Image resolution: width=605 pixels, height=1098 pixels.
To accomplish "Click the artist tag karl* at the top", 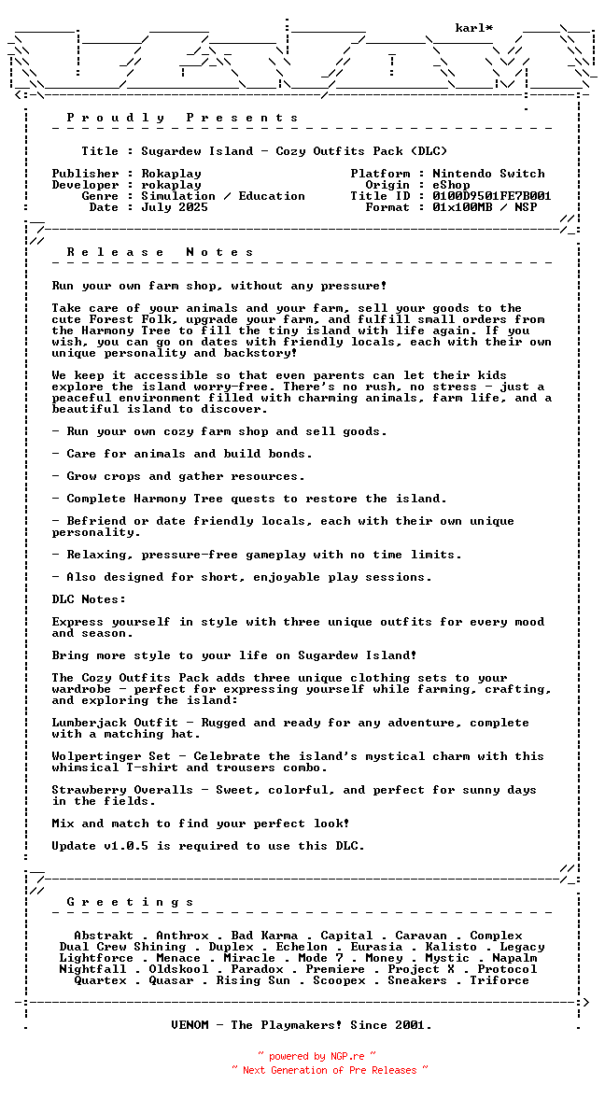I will pyautogui.click(x=474, y=28).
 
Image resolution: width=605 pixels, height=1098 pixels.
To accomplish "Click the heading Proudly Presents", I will pyautogui.click(x=182, y=118).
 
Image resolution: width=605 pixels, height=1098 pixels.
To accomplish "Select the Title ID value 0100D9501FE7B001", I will pyautogui.click(x=492, y=196).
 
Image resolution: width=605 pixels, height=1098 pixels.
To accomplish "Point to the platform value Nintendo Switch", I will pyautogui.click(x=488, y=174).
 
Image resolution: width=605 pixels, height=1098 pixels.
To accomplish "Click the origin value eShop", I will pyautogui.click(x=451, y=185).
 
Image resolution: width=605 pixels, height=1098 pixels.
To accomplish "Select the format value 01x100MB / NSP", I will pyautogui.click(x=485, y=207).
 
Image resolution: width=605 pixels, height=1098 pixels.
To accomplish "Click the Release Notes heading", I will pyautogui.click(x=160, y=252).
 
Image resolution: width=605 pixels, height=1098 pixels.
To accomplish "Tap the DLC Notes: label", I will pyautogui.click(x=89, y=599).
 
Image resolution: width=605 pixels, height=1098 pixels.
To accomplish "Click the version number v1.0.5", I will pyautogui.click(x=130, y=846).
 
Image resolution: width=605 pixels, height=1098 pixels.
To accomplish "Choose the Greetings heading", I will pyautogui.click(x=130, y=902).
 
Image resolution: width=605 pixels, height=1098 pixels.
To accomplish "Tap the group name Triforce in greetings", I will pyautogui.click(x=499, y=980).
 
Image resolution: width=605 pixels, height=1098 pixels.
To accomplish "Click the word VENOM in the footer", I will pyautogui.click(x=190, y=1025).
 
